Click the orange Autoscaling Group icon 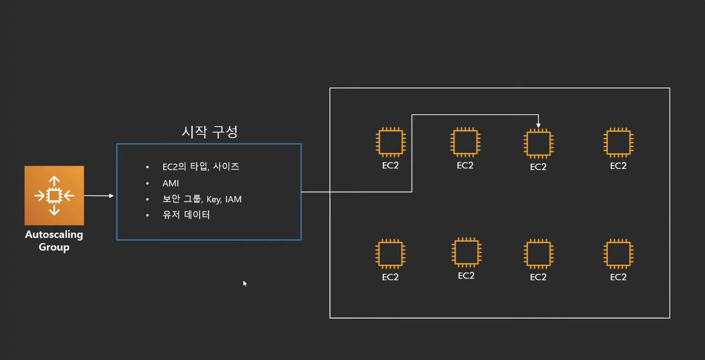(54, 195)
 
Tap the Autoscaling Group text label (54, 241)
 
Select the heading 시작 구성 (209, 132)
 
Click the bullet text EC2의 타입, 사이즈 (201, 166)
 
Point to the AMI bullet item (171, 183)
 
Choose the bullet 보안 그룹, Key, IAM (202, 199)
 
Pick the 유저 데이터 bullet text (186, 215)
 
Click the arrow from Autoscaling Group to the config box (99, 195)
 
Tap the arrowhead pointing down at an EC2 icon (538, 125)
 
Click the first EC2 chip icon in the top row (391, 142)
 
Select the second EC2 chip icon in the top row (465, 141)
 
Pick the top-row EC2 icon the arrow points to (538, 143)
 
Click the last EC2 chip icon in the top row (619, 142)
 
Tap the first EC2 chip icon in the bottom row (391, 254)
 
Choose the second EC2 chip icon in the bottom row (466, 252)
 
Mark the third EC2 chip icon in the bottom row (538, 254)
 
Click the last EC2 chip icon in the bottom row (619, 254)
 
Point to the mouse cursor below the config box (245, 283)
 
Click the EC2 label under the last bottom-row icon (619, 277)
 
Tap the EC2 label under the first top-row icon (391, 166)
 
